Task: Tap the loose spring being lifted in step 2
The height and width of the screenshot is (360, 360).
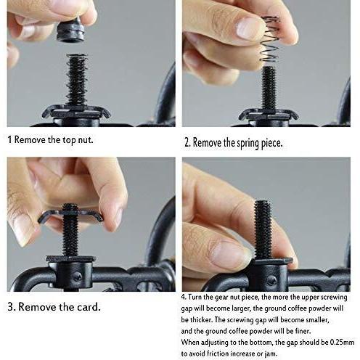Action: tap(269, 38)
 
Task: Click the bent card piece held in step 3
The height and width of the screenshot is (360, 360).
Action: tap(70, 216)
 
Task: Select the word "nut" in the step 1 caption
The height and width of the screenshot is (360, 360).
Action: tap(85, 140)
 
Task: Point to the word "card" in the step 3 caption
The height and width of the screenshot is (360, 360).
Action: tap(89, 307)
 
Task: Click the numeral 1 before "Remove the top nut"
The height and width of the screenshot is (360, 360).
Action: tap(9, 139)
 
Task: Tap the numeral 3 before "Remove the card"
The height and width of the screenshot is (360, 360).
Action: tap(11, 307)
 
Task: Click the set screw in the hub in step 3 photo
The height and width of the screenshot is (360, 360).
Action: tap(78, 276)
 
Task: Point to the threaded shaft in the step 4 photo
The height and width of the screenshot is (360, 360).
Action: tap(263, 229)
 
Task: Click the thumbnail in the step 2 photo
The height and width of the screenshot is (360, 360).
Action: tap(247, 28)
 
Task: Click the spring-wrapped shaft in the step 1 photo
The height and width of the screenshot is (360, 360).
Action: tap(76, 80)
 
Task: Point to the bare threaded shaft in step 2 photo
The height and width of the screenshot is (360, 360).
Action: tap(269, 89)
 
